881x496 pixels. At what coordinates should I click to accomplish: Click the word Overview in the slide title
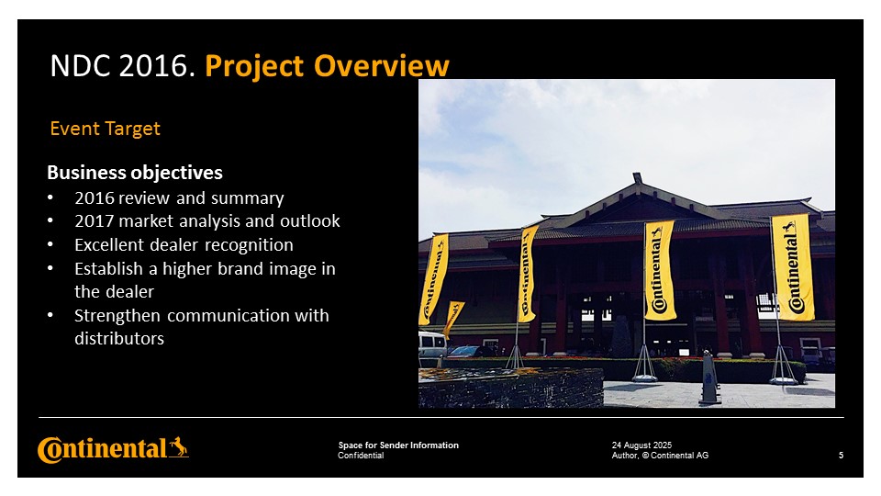(x=382, y=66)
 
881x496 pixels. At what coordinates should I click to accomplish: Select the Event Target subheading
(x=105, y=129)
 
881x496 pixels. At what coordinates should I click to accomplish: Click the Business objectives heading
(x=135, y=172)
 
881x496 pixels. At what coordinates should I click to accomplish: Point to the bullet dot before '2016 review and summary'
(x=50, y=197)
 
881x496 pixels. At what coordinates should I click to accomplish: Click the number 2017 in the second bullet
(x=95, y=221)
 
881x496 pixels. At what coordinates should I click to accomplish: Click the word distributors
(x=119, y=339)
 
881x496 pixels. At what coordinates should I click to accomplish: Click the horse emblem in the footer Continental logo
(x=179, y=447)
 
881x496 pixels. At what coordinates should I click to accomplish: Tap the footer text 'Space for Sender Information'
(x=398, y=445)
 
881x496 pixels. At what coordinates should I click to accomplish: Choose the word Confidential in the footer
(x=361, y=456)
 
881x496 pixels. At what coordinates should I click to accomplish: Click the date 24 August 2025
(x=641, y=445)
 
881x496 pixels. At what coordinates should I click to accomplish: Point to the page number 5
(x=842, y=456)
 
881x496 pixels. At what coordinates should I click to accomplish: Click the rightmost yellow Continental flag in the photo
(x=793, y=267)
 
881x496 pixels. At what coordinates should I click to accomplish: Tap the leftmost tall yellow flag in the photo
(x=433, y=279)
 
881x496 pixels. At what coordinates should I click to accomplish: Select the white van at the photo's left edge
(x=431, y=344)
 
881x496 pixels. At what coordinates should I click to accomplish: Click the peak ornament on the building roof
(x=637, y=177)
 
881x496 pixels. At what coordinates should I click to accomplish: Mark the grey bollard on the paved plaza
(x=709, y=378)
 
